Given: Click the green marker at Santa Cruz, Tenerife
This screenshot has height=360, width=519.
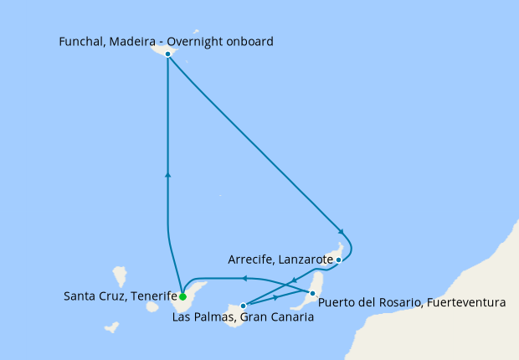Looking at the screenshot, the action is (182, 296).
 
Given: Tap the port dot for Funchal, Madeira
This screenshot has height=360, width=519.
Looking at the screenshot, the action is (168, 54).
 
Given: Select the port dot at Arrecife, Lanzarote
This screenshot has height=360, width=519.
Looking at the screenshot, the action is (338, 260).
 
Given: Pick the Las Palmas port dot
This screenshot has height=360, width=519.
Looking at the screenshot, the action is (243, 306).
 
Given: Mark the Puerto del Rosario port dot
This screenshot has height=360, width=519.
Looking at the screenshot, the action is (312, 293).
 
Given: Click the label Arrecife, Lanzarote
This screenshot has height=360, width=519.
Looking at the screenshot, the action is (280, 260).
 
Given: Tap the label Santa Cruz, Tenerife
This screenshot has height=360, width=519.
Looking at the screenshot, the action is (120, 296).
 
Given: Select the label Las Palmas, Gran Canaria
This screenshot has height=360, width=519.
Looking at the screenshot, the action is (237, 316).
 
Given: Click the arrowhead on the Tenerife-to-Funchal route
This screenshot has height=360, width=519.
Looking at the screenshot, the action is (168, 174).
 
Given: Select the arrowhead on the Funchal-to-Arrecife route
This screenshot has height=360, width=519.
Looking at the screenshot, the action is (340, 231).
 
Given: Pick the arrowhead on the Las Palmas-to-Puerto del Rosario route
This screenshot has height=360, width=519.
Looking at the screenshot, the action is (277, 298).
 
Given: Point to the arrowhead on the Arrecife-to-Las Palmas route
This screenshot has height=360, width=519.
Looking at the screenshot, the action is (294, 280).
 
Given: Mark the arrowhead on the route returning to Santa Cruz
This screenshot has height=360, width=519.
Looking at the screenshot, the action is (244, 278).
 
